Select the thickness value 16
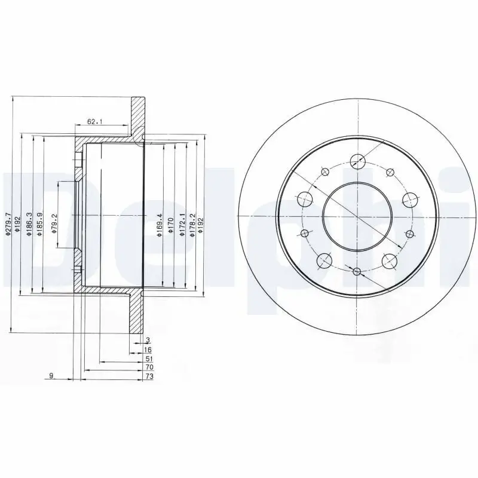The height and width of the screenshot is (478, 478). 148,350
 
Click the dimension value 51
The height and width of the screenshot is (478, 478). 148,359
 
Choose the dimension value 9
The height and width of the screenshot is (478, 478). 51,375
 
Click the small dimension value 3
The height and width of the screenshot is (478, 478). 146,341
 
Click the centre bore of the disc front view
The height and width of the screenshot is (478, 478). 357,216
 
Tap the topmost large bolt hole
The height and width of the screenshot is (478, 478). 357,160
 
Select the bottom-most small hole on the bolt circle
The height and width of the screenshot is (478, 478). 357,272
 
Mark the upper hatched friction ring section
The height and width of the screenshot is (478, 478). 138,117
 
